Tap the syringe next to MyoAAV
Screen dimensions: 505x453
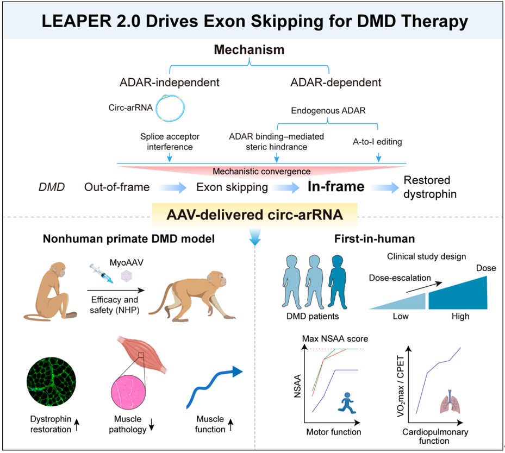tap(102, 273)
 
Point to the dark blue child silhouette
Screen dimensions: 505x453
tap(337, 282)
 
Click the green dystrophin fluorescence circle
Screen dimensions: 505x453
tap(52, 382)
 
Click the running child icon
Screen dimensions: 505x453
tap(347, 402)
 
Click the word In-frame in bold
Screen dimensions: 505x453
tap(336, 186)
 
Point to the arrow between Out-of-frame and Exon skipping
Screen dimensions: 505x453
tap(172, 187)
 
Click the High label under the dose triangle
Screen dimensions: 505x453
tap(460, 316)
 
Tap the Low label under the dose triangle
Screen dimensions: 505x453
tap(401, 316)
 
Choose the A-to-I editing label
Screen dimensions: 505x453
tap(377, 142)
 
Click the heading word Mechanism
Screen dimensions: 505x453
tap(250, 49)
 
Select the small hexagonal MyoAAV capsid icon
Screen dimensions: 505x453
tap(126, 276)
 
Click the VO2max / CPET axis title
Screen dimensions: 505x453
tap(400, 386)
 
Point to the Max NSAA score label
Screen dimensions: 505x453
tap(335, 338)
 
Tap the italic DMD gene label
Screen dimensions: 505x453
tap(52, 187)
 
